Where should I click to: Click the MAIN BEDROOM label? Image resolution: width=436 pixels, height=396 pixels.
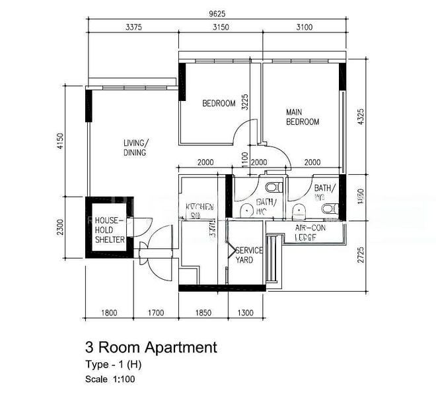(303, 117)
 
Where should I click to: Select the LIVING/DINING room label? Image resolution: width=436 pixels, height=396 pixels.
(135, 148)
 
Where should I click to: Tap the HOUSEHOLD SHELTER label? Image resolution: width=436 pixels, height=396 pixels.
(109, 230)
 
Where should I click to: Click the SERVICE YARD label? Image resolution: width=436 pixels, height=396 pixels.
(249, 255)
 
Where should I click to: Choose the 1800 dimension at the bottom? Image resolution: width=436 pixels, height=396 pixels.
(109, 312)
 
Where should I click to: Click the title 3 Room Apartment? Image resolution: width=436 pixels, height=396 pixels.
(151, 346)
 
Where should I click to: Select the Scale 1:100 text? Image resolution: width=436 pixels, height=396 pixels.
(110, 379)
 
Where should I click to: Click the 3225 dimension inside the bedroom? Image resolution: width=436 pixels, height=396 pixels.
(245, 102)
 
